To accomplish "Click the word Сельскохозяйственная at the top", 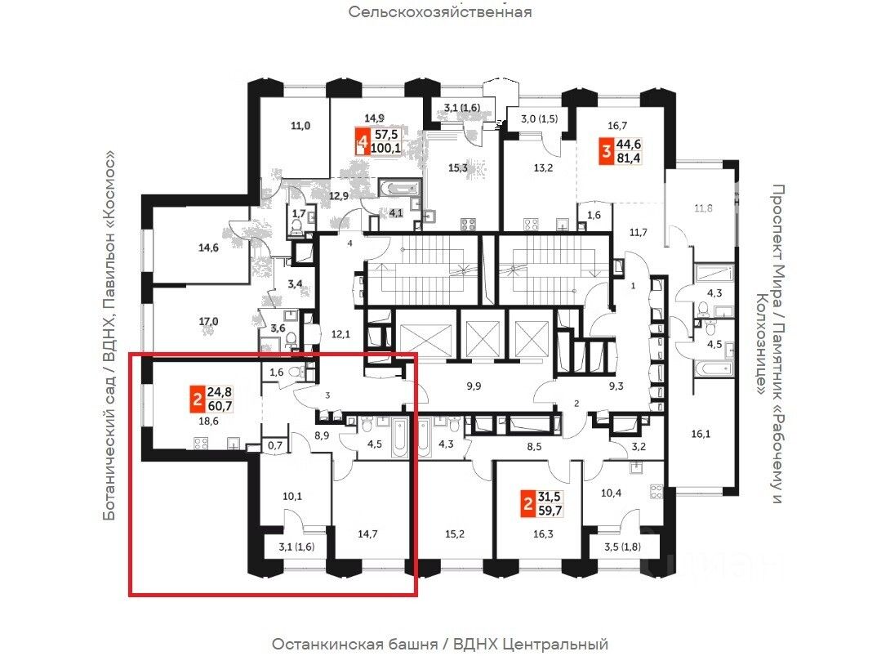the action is (440, 12).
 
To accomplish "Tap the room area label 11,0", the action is (300, 126).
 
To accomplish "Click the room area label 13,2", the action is (543, 169).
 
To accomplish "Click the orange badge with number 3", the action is (607, 152).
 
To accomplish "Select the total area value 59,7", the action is (557, 512).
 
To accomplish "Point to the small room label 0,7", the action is (274, 446).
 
